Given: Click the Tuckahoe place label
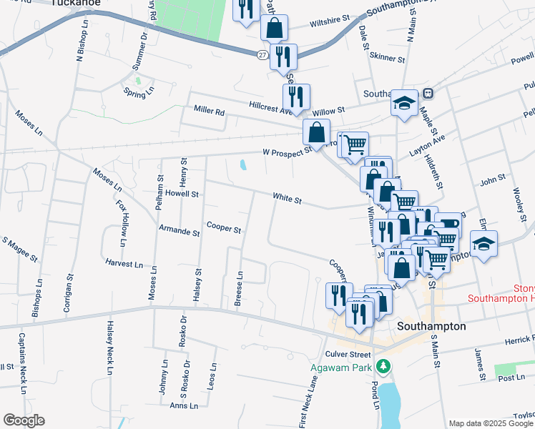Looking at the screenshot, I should [76, 3].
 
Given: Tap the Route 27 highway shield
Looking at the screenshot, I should [262, 54].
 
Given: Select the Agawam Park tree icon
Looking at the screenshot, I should [384, 365].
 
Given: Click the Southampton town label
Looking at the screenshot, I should [431, 326].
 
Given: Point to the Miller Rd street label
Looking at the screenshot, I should [210, 112].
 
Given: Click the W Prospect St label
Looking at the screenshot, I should [287, 152].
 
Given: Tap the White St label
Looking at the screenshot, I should [286, 198].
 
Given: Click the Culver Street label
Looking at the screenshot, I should [348, 354].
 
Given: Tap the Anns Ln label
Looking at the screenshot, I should [184, 406].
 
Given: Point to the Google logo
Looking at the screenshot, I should [24, 420].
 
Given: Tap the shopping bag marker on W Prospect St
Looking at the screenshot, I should [316, 132].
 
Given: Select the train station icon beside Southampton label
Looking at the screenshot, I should [428, 93].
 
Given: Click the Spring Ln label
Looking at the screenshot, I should [139, 92].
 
